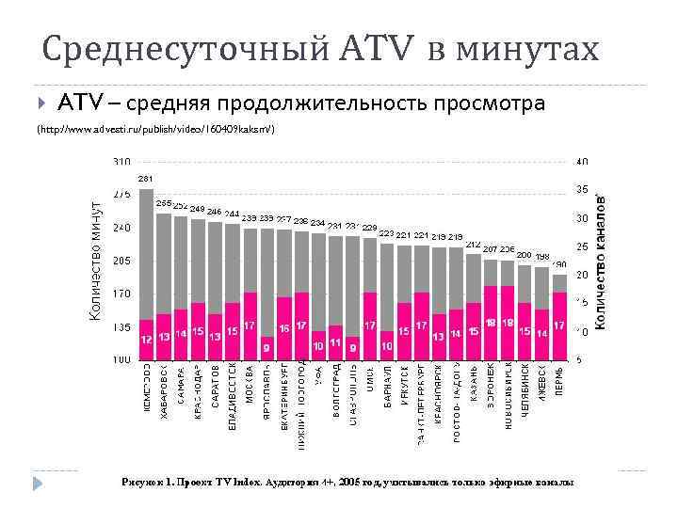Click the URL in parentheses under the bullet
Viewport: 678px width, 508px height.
[x=155, y=128]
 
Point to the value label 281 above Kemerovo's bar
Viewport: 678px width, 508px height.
[x=146, y=178]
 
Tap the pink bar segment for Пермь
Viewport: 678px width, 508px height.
[x=559, y=325]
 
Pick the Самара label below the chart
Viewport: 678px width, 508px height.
[x=181, y=386]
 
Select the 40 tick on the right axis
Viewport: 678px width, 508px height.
[x=583, y=162]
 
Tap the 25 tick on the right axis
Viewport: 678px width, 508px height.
[x=583, y=246]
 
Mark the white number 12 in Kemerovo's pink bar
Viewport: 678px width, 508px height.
[x=146, y=337]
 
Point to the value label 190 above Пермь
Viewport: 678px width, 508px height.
[x=558, y=265]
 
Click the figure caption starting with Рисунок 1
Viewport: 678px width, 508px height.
[x=347, y=482]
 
